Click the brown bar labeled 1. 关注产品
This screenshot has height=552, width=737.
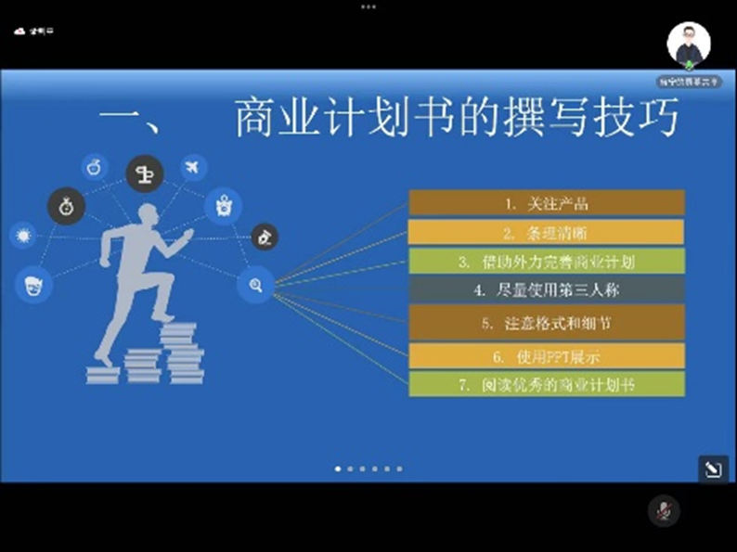(x=547, y=202)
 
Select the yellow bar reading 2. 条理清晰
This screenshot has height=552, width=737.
(x=547, y=232)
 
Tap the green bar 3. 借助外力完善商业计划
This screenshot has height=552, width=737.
(x=547, y=261)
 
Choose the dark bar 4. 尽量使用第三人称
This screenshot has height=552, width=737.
(x=547, y=289)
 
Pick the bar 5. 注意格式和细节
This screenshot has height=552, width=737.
(x=547, y=323)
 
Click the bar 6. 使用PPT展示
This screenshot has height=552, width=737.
(x=547, y=355)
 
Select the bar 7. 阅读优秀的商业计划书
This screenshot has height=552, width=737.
(x=547, y=383)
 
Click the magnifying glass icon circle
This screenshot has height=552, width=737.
(x=255, y=286)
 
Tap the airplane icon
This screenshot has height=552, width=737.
(x=193, y=168)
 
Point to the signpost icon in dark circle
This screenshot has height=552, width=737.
(x=145, y=173)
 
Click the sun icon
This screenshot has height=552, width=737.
(x=23, y=234)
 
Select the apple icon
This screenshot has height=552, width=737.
(x=94, y=167)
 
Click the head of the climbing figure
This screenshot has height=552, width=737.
(x=148, y=216)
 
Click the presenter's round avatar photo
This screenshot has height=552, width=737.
(x=689, y=45)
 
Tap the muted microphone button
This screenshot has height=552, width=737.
(x=664, y=510)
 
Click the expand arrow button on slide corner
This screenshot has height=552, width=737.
(x=713, y=469)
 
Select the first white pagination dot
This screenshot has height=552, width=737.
(x=337, y=469)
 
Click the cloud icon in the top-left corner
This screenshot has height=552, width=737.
(x=20, y=31)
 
